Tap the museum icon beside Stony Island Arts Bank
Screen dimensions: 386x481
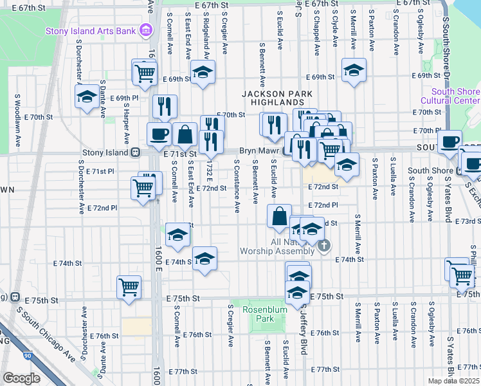pyautogui.click(x=146, y=30)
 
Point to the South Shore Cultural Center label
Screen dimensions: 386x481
pyautogui.click(x=450, y=96)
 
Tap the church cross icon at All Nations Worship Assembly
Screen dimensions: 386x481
pyautogui.click(x=325, y=244)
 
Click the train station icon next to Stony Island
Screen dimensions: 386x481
pyautogui.click(x=135, y=153)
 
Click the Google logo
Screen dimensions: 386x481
pyautogui.click(x=21, y=378)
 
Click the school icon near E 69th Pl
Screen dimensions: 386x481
pyautogui.click(x=86, y=96)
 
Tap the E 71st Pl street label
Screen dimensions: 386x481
pyautogui.click(x=100, y=172)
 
